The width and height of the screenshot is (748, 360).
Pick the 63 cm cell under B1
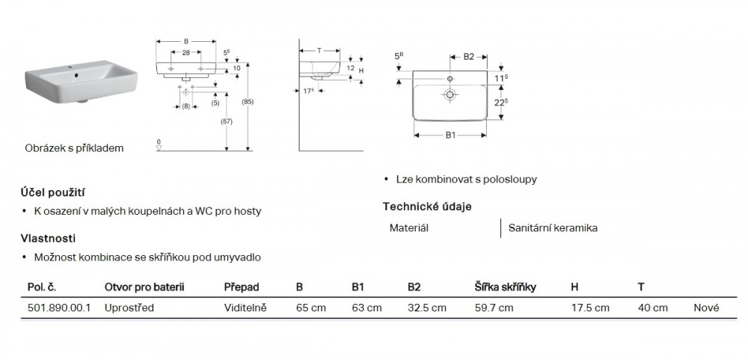click(x=367, y=308)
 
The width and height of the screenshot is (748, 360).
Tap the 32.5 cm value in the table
click(x=426, y=308)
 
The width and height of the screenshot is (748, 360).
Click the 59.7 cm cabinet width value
click(x=494, y=308)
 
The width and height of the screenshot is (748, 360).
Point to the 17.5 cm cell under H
click(x=589, y=308)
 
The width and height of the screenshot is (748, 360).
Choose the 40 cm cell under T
click(x=652, y=308)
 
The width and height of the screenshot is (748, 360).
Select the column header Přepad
click(x=241, y=287)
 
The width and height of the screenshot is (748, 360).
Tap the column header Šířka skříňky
click(x=505, y=287)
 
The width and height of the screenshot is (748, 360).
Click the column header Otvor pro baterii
click(x=144, y=287)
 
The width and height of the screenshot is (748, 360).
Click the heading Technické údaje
click(x=427, y=207)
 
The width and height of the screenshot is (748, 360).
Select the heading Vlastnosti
click(x=49, y=238)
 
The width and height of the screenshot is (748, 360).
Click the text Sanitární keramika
click(x=553, y=228)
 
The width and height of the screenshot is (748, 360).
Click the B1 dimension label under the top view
click(x=451, y=135)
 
